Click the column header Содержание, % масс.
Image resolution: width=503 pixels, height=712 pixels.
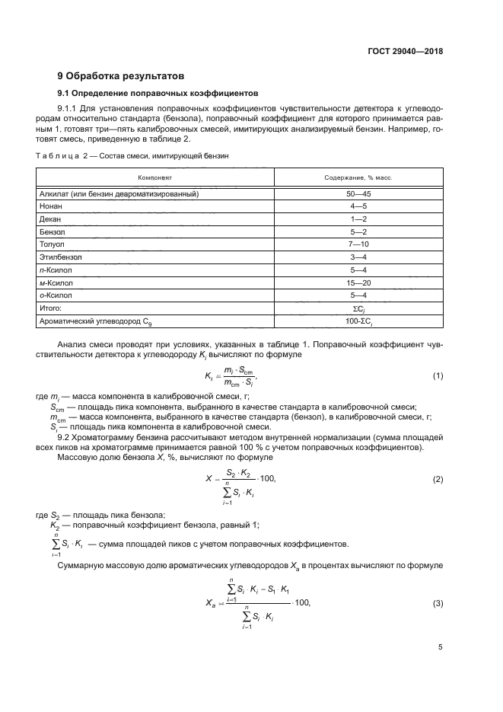pyautogui.click(x=358, y=177)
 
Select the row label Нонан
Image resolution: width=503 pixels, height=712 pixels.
pyautogui.click(x=51, y=206)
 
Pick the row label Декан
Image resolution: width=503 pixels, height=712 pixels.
pyautogui.click(x=50, y=219)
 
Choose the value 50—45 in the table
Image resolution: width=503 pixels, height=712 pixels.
pyautogui.click(x=358, y=194)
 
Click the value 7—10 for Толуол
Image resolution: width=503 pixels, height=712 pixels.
pyautogui.click(x=358, y=244)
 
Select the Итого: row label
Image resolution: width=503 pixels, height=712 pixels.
pyautogui.click(x=50, y=308)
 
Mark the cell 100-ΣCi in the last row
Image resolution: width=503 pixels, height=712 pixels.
pyautogui.click(x=358, y=321)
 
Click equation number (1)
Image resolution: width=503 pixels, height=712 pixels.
pyautogui.click(x=438, y=376)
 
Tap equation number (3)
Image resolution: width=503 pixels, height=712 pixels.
pyautogui.click(x=438, y=603)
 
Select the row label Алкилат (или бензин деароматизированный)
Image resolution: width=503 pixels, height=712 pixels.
pyautogui.click(x=119, y=194)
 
